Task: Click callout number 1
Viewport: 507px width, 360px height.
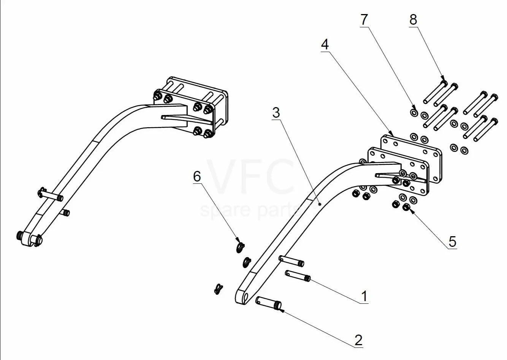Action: pyautogui.click(x=364, y=296)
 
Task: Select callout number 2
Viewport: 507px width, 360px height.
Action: pyautogui.click(x=358, y=340)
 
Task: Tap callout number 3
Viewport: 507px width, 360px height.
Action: pyautogui.click(x=276, y=113)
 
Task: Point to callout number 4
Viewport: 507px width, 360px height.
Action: pyautogui.click(x=325, y=44)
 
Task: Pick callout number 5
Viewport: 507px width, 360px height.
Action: pyautogui.click(x=452, y=242)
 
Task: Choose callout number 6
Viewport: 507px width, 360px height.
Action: pyautogui.click(x=197, y=176)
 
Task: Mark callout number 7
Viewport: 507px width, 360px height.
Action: pyautogui.click(x=364, y=20)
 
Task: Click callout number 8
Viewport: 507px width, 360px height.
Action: pyautogui.click(x=413, y=20)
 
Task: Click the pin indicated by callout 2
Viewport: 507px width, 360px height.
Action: pyautogui.click(x=268, y=303)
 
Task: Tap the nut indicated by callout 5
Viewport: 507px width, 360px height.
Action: pyautogui.click(x=407, y=207)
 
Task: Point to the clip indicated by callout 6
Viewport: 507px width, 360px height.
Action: pyautogui.click(x=240, y=247)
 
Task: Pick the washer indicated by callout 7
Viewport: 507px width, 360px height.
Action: pyautogui.click(x=414, y=112)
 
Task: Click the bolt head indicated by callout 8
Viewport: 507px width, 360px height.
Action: pyautogui.click(x=444, y=84)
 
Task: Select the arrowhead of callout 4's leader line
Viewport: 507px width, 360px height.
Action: pyautogui.click(x=391, y=134)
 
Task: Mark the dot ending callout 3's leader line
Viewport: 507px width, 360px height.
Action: pyautogui.click(x=320, y=204)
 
